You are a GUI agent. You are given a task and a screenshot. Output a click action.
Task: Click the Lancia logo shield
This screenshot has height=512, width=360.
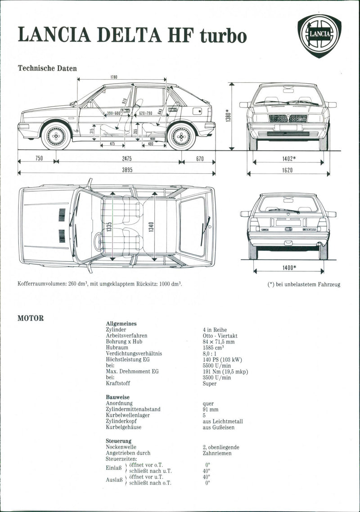(319, 35)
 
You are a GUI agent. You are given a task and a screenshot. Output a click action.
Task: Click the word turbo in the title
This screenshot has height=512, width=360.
(223, 36)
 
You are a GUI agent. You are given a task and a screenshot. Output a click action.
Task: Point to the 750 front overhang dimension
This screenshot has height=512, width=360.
(39, 159)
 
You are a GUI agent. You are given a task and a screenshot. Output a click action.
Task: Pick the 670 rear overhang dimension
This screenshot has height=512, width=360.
(199, 159)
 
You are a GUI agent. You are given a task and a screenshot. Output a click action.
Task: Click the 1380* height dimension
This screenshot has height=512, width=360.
(229, 117)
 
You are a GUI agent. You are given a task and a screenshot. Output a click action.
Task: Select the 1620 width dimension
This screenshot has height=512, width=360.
(288, 170)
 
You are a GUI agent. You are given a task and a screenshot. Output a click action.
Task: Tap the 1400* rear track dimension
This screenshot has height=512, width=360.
(288, 268)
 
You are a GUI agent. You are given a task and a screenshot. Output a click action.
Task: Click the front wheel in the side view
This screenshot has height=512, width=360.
(56, 135)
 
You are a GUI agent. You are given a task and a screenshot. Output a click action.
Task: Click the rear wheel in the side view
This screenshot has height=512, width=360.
(181, 135)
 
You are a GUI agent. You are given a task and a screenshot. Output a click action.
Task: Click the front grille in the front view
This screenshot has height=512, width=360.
(288, 118)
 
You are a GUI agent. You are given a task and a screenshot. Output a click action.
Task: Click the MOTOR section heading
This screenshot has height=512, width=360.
(31, 318)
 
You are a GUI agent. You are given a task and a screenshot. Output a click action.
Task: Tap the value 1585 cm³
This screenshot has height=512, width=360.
(213, 348)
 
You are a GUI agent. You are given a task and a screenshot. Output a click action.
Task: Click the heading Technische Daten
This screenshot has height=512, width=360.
(47, 68)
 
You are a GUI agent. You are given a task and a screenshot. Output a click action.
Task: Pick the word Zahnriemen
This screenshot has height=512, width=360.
(217, 453)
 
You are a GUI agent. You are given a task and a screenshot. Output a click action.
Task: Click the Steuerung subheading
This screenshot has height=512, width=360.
(118, 441)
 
